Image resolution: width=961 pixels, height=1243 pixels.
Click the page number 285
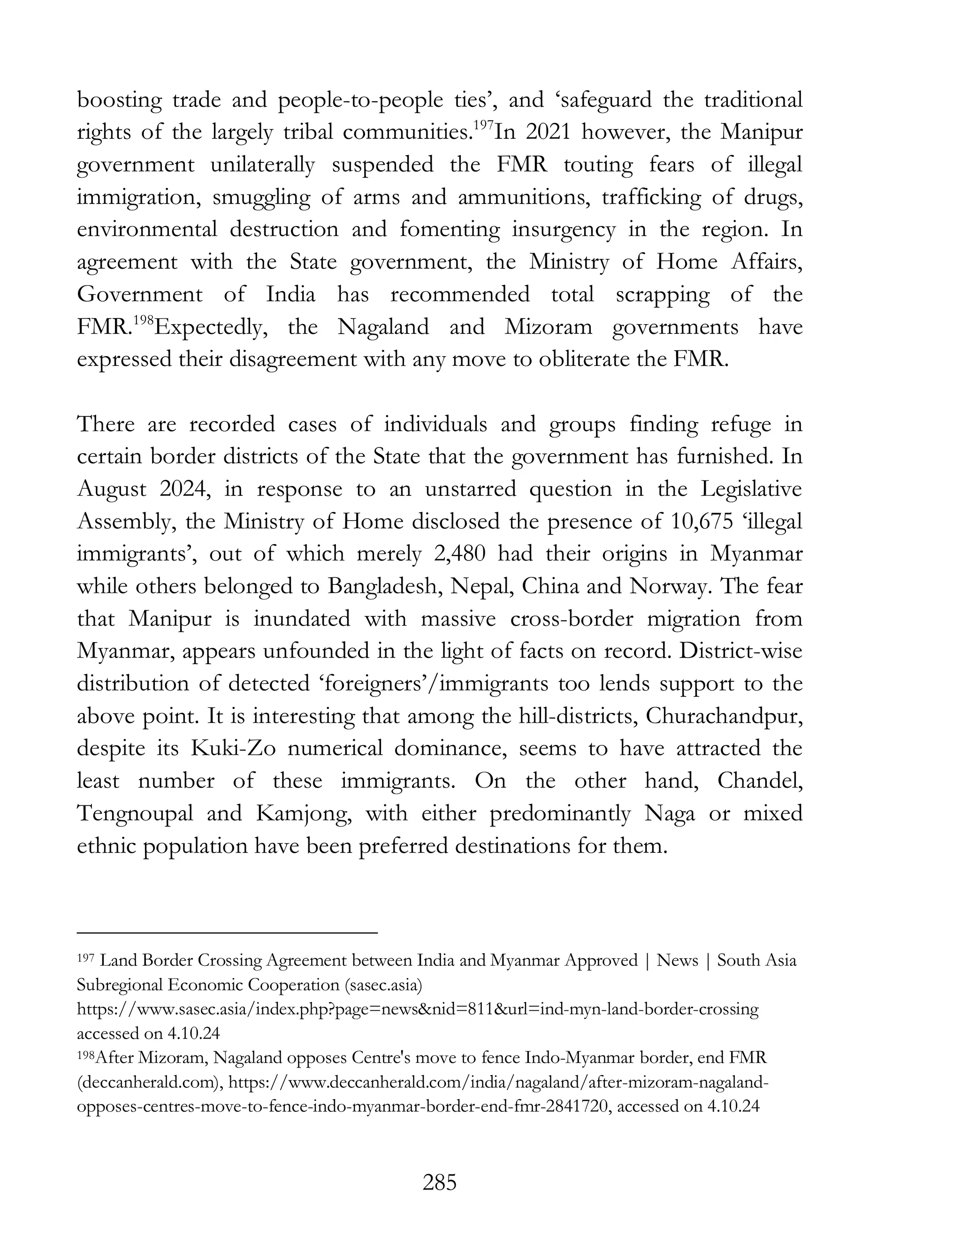440,1183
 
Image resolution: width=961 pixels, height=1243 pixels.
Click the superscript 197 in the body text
483,126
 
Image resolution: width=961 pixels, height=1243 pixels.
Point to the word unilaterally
261,165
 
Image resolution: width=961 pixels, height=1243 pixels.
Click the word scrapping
663,295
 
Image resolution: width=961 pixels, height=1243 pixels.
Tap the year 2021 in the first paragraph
547,133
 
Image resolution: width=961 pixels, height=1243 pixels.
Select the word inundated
302,619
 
